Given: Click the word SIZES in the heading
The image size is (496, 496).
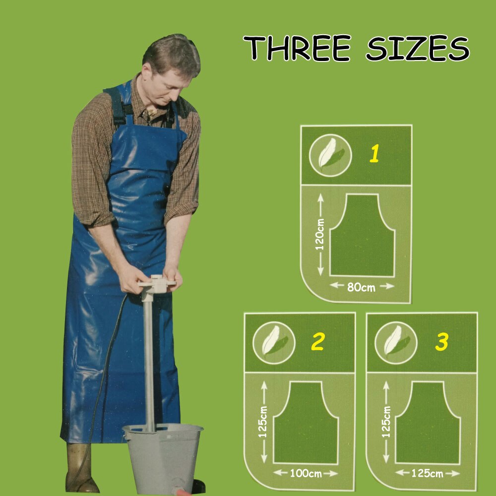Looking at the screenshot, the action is click(418, 48).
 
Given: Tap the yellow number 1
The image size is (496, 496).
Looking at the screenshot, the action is click(374, 154).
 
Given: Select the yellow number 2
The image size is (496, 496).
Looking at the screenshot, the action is click(317, 342).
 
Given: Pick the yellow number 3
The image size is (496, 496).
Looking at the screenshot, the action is click(441, 342).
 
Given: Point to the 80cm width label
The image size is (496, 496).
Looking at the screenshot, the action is click(361, 288).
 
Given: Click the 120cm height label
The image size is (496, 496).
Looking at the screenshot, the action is click(320, 234).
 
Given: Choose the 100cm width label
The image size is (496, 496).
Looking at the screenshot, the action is click(306, 474).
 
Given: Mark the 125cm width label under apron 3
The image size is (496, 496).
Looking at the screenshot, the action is click(427, 474).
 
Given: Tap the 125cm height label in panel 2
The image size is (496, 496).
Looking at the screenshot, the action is click(262, 422).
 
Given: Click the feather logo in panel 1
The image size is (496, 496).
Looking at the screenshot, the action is click(330, 155).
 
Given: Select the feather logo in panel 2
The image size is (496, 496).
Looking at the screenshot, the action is click(274, 343).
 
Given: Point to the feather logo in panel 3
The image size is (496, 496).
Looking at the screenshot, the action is click(396, 343).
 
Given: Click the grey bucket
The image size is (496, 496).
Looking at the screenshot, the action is click(163, 458).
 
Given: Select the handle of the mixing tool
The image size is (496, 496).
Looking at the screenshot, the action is click(157, 283).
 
